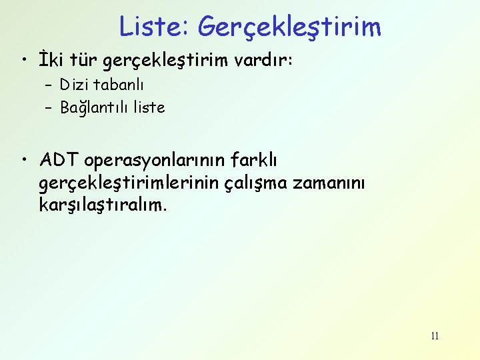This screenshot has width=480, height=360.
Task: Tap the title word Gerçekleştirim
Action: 290,27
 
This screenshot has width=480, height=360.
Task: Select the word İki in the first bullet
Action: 51,61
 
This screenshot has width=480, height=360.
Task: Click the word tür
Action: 83,61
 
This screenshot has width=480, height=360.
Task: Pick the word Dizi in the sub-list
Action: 72,85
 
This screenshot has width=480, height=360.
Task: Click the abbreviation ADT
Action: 59,161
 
